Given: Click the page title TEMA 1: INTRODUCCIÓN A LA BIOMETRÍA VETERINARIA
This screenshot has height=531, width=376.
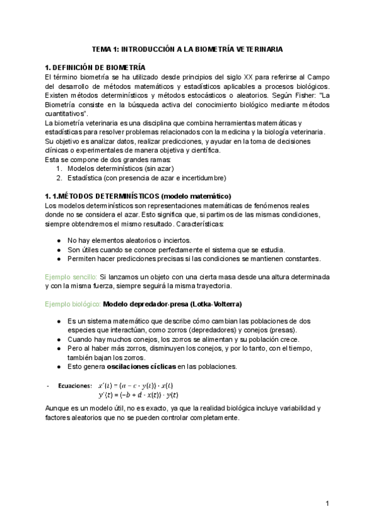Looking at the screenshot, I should (187, 48).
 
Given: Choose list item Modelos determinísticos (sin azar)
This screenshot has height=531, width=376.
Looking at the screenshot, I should (120, 168).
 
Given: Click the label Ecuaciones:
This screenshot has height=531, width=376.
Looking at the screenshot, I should (73, 386).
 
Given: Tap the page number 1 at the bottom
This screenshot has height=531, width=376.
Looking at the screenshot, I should (327, 503).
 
